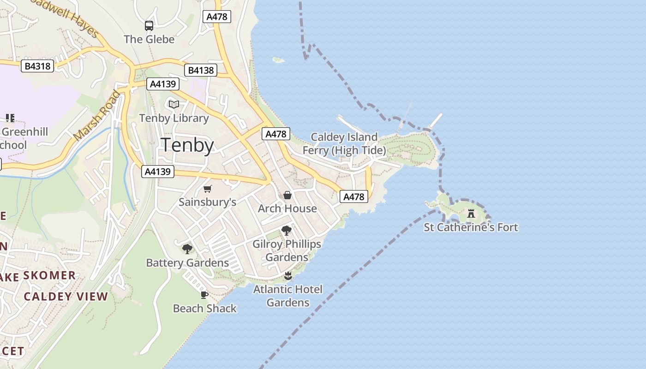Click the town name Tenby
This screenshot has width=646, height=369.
(187, 146)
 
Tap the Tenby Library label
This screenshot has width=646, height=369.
(174, 118)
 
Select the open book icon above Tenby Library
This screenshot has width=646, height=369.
(173, 105)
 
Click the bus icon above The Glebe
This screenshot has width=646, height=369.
(149, 26)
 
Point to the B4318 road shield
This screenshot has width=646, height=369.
(37, 66)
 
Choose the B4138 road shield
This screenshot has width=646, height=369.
(201, 70)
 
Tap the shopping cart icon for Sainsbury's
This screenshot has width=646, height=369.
(207, 189)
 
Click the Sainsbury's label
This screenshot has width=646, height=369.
(207, 202)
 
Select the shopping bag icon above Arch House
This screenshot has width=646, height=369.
(287, 195)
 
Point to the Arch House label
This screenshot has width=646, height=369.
(287, 208)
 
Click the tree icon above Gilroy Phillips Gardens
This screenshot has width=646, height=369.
(286, 231)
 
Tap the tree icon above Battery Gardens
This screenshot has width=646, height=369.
(187, 249)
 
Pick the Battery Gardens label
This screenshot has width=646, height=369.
(187, 263)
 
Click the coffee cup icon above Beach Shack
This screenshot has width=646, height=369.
(204, 295)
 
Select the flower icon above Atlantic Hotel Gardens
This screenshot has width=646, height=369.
(288, 276)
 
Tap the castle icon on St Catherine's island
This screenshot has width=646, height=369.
(471, 214)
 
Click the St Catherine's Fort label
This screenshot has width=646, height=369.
(471, 227)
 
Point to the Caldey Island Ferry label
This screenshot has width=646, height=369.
(344, 143)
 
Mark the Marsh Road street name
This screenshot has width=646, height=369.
(97, 115)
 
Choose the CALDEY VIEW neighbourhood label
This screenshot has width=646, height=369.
(66, 297)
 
